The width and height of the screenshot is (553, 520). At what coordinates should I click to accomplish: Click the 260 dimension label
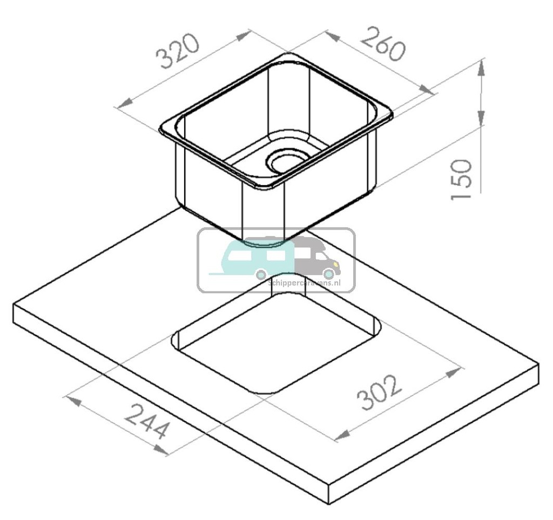point(382,43)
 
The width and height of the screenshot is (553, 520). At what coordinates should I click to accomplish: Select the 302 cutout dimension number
point(380,393)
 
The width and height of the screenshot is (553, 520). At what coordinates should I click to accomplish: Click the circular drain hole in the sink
point(286,160)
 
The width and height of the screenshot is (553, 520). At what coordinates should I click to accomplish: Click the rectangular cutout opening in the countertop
point(275,340)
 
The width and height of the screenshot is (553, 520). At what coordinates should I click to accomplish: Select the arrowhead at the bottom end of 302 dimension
point(342,435)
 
